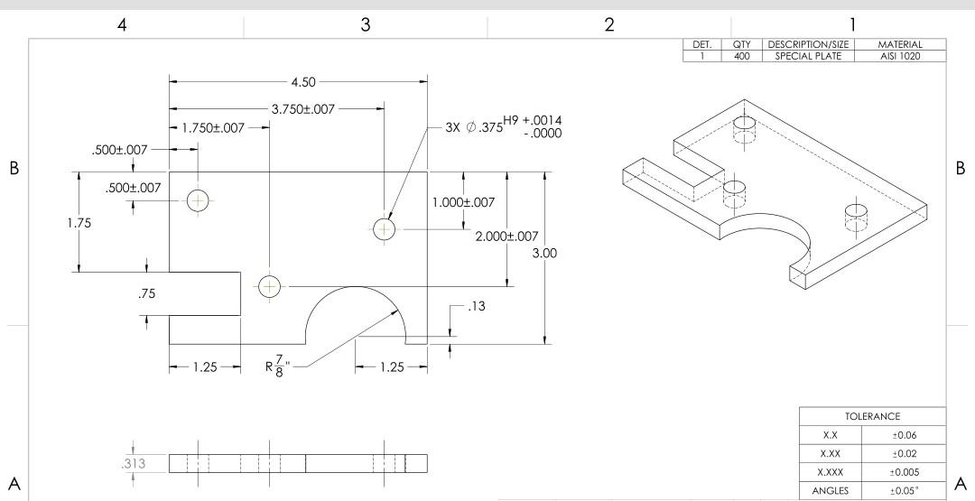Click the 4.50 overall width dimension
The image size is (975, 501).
(x=304, y=82)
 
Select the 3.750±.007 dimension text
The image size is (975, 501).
(x=303, y=108)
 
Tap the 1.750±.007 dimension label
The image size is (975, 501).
(x=212, y=128)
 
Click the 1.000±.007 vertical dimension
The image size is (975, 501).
(x=464, y=202)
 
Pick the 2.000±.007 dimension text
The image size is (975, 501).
(x=506, y=237)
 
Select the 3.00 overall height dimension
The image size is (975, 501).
(x=544, y=254)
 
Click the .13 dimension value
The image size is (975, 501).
(x=477, y=308)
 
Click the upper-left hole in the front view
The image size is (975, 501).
(x=197, y=199)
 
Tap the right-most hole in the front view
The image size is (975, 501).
(x=384, y=229)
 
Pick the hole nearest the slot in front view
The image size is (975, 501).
(x=268, y=286)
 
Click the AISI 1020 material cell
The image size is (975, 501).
(x=901, y=56)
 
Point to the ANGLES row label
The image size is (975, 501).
(x=831, y=490)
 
